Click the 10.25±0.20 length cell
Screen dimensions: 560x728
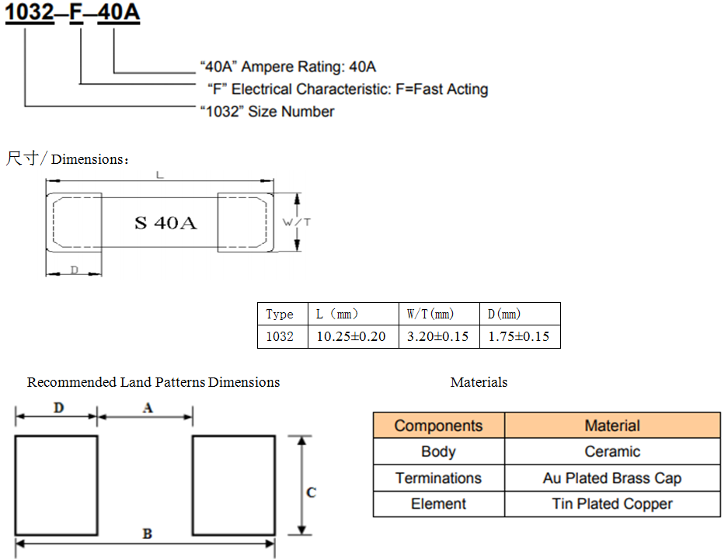pos(351,336)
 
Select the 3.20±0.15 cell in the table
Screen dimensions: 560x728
pos(437,336)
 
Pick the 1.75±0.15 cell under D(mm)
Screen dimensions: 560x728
pos(518,336)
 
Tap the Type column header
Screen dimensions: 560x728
pos(280,315)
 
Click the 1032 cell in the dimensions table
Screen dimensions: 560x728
pos(280,336)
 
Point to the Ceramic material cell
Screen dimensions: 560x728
pos(612,452)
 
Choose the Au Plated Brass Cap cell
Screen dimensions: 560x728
pos(612,478)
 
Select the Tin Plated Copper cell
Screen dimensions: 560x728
pos(612,505)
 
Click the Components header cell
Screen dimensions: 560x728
pos(438,426)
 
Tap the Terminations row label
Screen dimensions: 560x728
pos(438,478)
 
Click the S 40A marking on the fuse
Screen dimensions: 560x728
pos(165,223)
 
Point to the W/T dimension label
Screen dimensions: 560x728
pos(297,222)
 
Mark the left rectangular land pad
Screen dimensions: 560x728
pos(56,485)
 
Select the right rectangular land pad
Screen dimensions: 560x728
pos(233,485)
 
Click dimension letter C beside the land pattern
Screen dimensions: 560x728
pos(312,492)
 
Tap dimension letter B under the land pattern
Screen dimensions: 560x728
pos(147,534)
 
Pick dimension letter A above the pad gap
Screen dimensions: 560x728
pos(148,407)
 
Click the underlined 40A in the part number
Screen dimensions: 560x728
pos(118,13)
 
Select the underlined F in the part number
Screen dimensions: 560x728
pos(76,13)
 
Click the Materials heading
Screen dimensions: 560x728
pos(479,382)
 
